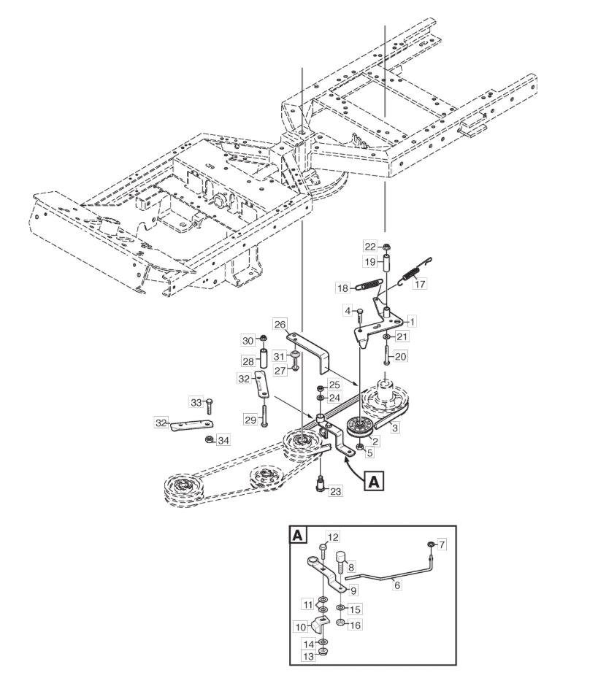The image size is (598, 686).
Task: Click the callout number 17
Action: click(420, 284)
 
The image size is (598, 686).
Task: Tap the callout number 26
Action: click(280, 324)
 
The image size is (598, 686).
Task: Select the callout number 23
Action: click(335, 491)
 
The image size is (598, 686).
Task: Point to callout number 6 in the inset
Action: click(396, 585)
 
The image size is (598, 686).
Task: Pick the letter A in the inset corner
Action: click(298, 535)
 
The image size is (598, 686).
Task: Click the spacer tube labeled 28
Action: click(264, 358)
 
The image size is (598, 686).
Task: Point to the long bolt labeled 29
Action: click(264, 416)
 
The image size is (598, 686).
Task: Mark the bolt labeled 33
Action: click(209, 406)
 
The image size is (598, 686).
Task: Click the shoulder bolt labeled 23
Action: click(320, 485)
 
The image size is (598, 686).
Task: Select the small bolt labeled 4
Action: click(360, 316)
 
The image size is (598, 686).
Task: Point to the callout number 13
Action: click(309, 657)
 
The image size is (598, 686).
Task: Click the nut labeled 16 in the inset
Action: click(340, 623)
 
